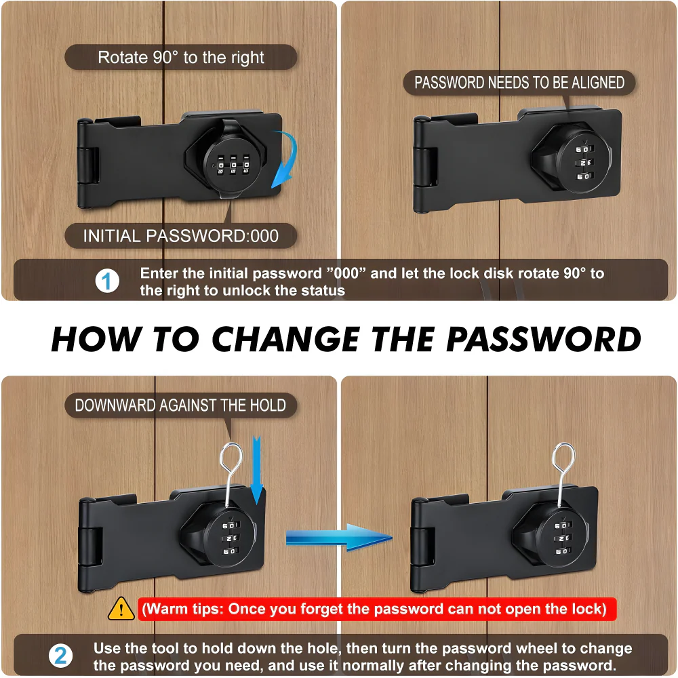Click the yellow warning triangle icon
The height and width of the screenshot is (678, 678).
pyautogui.click(x=121, y=608)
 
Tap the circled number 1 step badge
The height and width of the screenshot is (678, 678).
pyautogui.click(x=106, y=281)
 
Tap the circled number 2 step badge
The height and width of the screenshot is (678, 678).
pyautogui.click(x=61, y=656)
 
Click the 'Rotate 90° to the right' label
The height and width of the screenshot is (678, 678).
pyautogui.click(x=181, y=58)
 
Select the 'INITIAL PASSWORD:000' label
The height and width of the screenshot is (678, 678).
pyautogui.click(x=181, y=236)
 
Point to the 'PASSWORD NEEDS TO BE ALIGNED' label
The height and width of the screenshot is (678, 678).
pyautogui.click(x=519, y=83)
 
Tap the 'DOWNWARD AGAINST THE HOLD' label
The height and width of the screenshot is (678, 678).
pyautogui.click(x=180, y=405)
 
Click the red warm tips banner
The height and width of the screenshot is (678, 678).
pyautogui.click(x=377, y=608)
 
